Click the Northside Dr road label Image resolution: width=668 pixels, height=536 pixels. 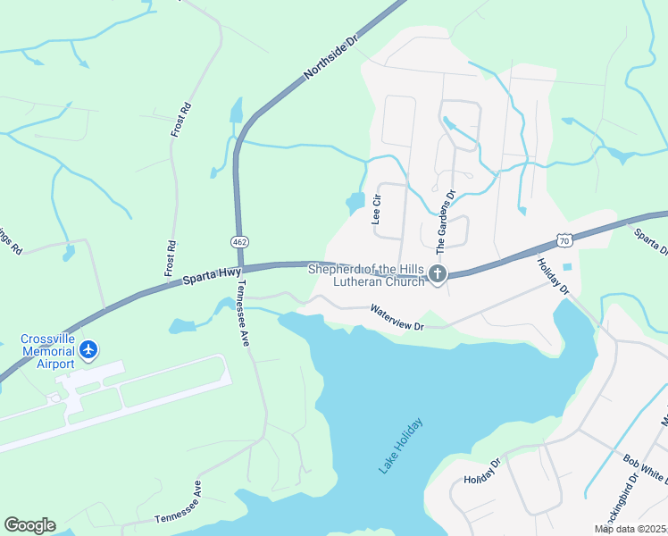(x=330, y=60)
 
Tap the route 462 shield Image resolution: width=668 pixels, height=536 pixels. (x=239, y=242)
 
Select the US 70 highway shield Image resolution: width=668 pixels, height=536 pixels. (x=563, y=239)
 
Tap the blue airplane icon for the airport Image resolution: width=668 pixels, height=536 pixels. (x=88, y=349)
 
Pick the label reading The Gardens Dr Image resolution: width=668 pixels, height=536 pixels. (x=441, y=219)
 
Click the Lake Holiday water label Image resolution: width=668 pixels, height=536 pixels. (x=399, y=444)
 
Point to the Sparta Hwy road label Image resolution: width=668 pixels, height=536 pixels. (x=212, y=278)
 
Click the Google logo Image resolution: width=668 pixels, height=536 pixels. (x=29, y=525)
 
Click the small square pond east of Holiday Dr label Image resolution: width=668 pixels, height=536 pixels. (x=567, y=267)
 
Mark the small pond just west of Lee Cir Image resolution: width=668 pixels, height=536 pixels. (x=355, y=202)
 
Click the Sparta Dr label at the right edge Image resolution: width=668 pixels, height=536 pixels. (x=651, y=240)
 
